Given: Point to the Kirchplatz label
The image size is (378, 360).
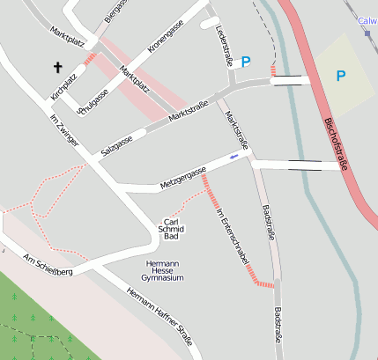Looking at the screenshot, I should (x=64, y=85).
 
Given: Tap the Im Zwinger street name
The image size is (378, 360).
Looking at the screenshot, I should (x=64, y=130).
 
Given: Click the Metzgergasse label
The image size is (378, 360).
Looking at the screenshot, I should (x=182, y=176).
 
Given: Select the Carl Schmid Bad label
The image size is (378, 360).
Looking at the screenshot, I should (x=172, y=229).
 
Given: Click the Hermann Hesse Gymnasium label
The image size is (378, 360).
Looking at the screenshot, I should (x=165, y=270).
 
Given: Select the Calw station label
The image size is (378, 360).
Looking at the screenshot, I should (x=367, y=19).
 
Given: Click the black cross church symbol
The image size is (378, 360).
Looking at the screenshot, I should (x=58, y=67).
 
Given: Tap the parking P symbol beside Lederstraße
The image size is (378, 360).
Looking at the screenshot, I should (x=246, y=62).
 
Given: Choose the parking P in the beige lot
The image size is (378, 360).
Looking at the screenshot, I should (x=340, y=76).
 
